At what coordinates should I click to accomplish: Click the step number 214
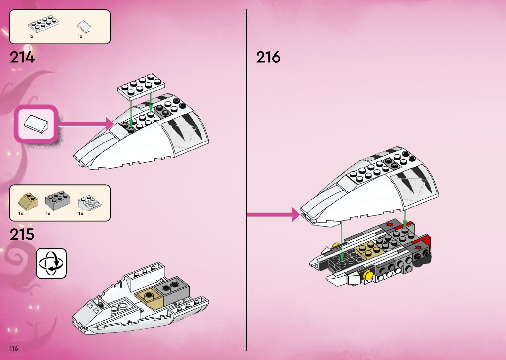(22, 58)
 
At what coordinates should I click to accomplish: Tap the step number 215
(22, 235)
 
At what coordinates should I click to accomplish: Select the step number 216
(268, 57)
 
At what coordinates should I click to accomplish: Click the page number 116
(14, 348)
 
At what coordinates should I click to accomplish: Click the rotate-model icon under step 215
(51, 263)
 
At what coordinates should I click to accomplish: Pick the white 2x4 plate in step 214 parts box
(44, 23)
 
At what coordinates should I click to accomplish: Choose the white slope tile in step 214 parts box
(84, 26)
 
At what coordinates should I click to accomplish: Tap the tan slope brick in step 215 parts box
(28, 200)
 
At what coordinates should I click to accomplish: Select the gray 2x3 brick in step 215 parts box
(58, 198)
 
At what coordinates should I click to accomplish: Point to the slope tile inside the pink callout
(36, 124)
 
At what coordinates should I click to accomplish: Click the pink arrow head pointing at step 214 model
(110, 124)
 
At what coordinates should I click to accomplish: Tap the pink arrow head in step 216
(296, 215)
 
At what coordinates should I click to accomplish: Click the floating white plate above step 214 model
(141, 87)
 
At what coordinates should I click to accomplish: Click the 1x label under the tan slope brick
(21, 214)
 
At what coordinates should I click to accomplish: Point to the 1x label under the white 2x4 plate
(31, 37)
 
